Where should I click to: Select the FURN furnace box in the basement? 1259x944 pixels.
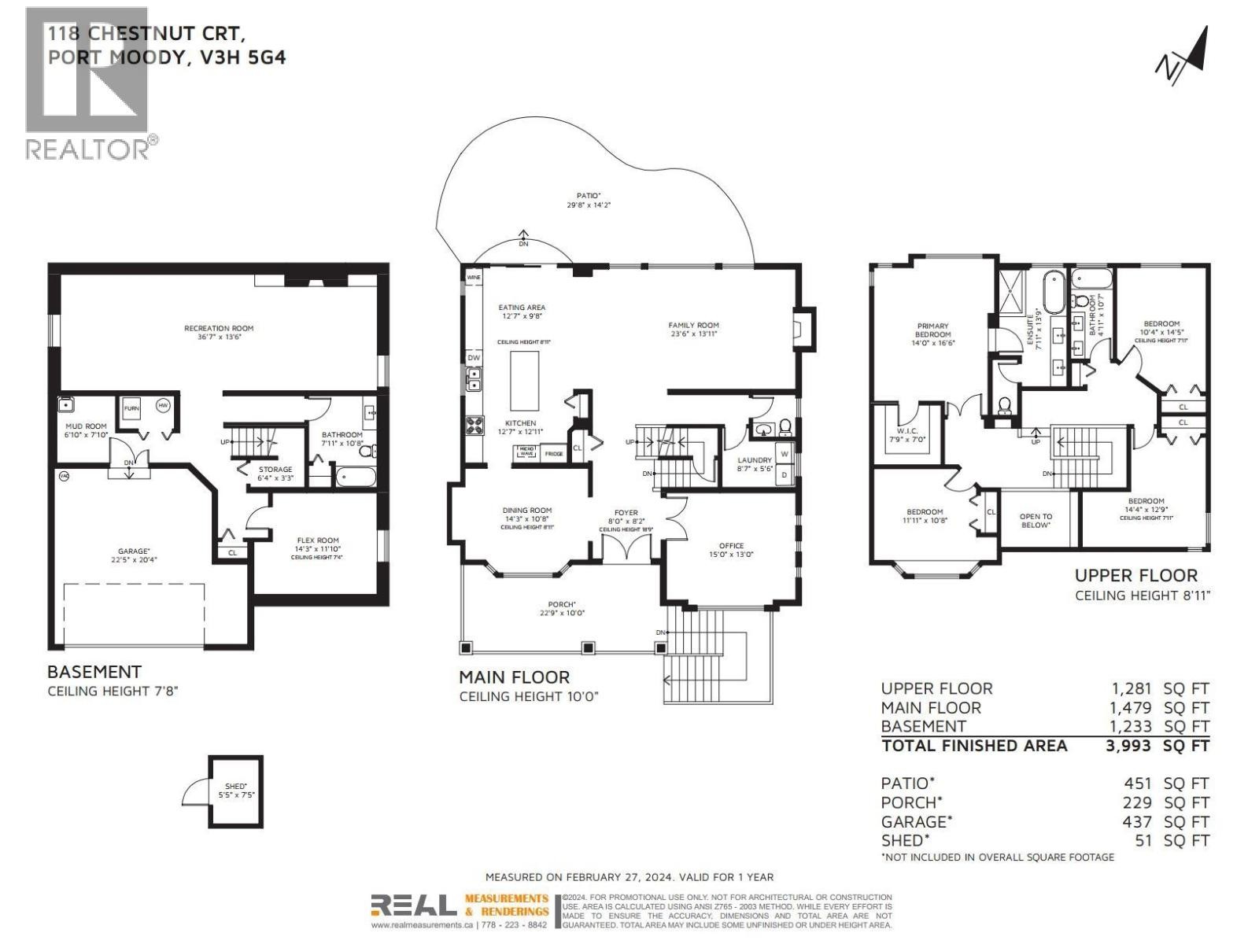(x=131, y=408)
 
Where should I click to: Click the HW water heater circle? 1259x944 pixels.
(x=163, y=406)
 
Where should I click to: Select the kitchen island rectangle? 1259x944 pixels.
(x=525, y=381)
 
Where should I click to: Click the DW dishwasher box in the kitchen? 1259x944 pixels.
(x=474, y=358)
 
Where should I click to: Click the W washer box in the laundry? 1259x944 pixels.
(x=785, y=455)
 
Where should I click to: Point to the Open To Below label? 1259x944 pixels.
(x=1036, y=521)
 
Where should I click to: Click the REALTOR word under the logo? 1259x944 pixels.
(x=89, y=149)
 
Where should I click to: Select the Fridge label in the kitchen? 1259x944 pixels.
(x=553, y=454)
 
